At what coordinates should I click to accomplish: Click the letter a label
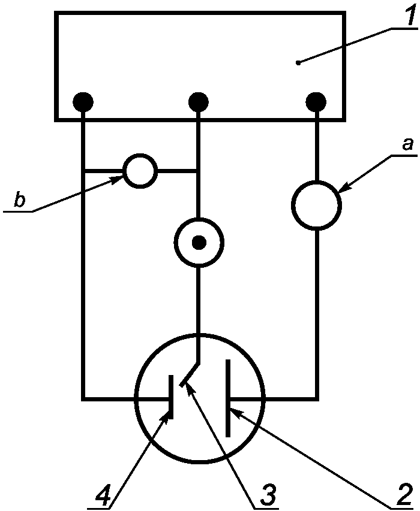point(407,144)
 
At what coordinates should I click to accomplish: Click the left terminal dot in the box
point(83,102)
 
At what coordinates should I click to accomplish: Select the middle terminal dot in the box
point(199,102)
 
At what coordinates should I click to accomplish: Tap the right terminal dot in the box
point(316,102)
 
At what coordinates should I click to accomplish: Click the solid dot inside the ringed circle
point(199,243)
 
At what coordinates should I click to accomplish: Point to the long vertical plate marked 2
point(228,398)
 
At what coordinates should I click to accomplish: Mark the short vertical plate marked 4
point(170,397)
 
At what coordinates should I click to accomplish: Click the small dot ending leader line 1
point(298,63)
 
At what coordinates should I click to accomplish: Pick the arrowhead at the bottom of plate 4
point(166,417)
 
